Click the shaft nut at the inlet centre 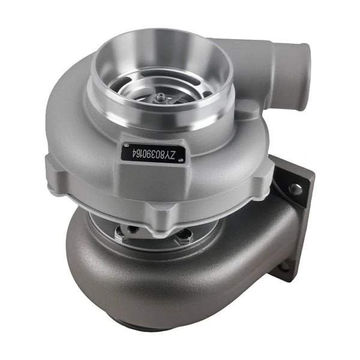[x=162, y=97]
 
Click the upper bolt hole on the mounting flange [x=295, y=189]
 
